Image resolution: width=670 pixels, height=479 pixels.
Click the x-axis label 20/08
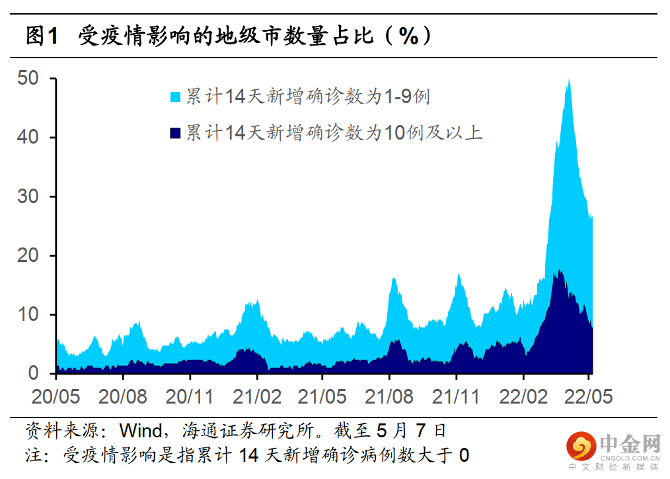click(x=122, y=396)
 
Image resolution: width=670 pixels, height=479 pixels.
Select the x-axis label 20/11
click(x=190, y=396)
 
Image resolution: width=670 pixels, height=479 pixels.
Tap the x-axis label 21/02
click(x=257, y=396)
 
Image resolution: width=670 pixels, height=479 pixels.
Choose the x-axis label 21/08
click(x=389, y=396)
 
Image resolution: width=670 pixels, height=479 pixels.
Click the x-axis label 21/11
click(x=456, y=396)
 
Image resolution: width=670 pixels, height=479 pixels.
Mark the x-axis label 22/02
click(x=523, y=396)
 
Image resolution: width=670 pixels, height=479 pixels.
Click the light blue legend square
click(x=176, y=97)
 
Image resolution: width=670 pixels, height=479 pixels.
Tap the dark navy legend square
click(x=176, y=133)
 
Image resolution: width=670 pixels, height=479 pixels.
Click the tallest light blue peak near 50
click(x=568, y=82)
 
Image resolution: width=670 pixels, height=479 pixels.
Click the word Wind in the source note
click(x=140, y=431)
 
